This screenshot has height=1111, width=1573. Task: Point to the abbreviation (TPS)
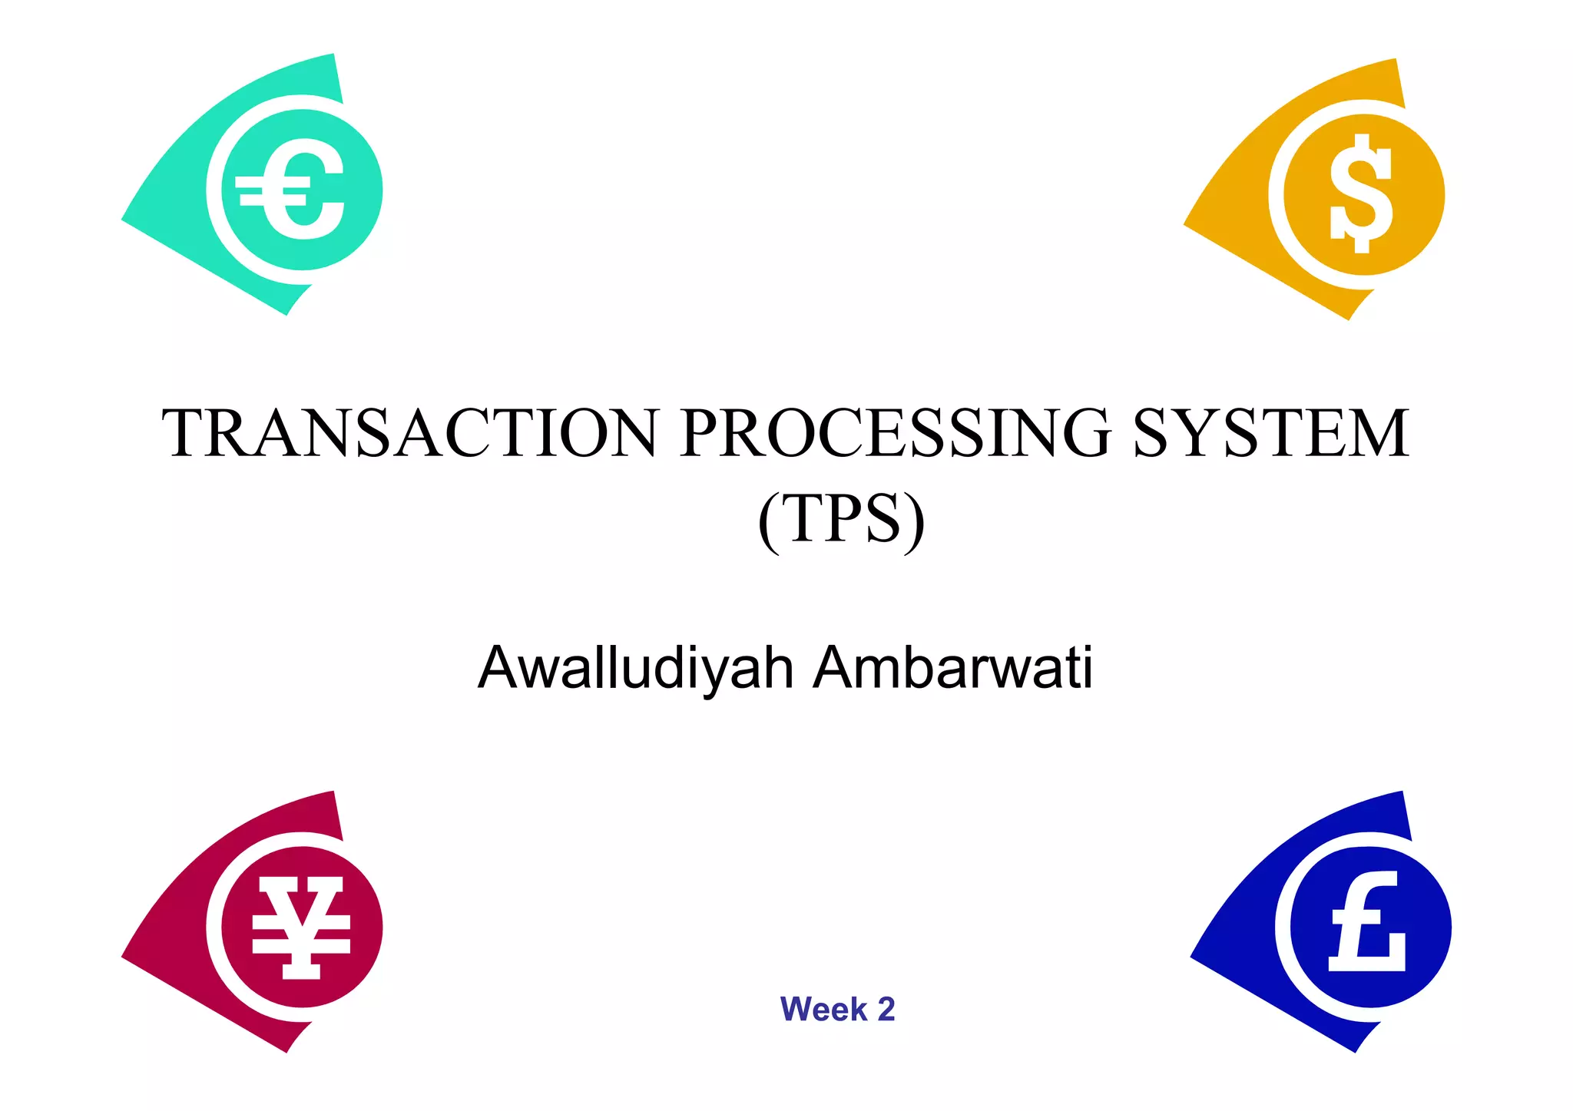coord(841,520)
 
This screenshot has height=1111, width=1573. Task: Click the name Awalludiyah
coord(635,668)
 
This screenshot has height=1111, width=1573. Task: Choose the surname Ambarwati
coord(953,668)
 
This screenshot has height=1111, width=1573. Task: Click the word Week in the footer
coord(823,1010)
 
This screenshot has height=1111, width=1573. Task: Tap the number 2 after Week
coord(886,1010)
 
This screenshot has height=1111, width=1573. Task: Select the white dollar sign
coord(1362,194)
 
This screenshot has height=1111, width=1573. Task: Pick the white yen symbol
coord(301,927)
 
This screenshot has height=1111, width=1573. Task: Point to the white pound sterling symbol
coord(1368,923)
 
